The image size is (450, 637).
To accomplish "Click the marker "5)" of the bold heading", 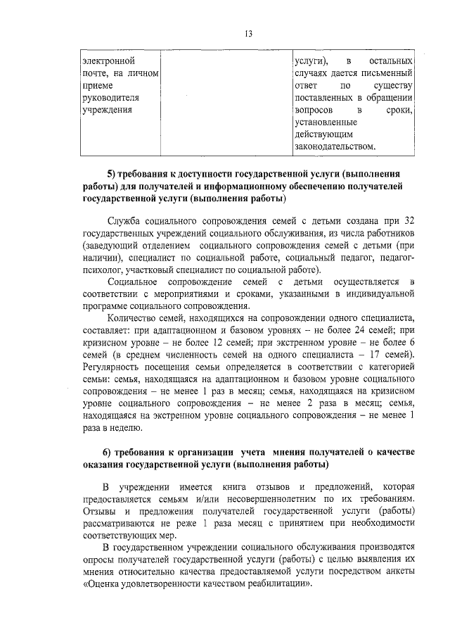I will (110, 174).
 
